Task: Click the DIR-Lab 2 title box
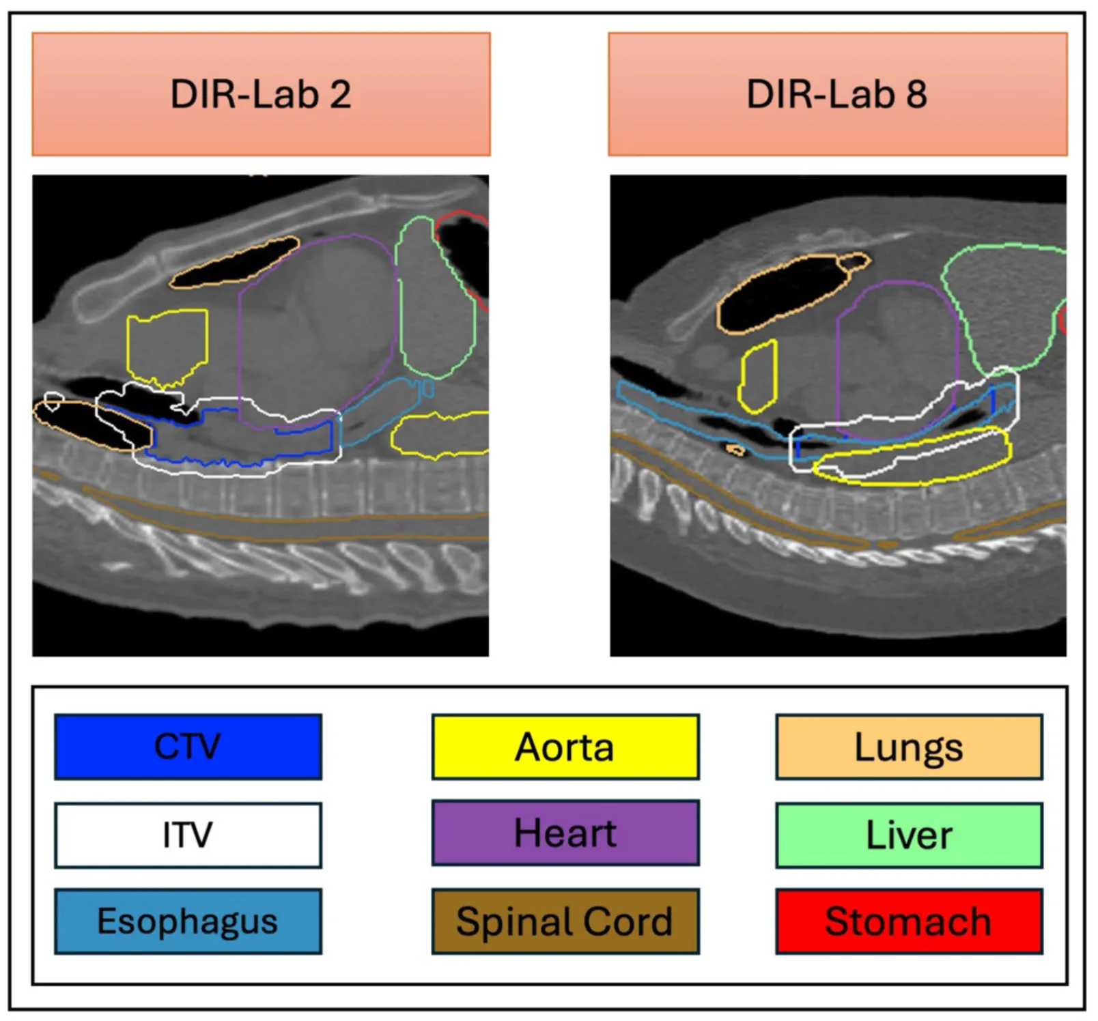click(261, 94)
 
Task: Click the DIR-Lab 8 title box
click(837, 94)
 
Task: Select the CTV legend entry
click(188, 747)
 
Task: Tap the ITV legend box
click(188, 835)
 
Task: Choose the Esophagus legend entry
click(188, 921)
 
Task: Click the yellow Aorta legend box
click(565, 747)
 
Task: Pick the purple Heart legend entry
click(565, 833)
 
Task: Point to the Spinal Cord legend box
click(565, 921)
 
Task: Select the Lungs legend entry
click(909, 747)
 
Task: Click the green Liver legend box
click(909, 835)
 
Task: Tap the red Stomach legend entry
click(909, 921)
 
